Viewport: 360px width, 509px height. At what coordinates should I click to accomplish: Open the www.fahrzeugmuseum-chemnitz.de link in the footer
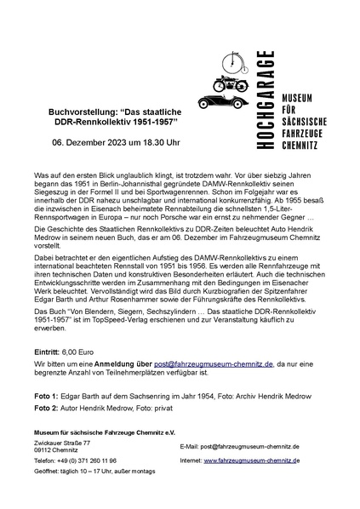(251, 460)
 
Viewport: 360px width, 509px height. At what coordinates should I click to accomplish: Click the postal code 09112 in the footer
(45, 450)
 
